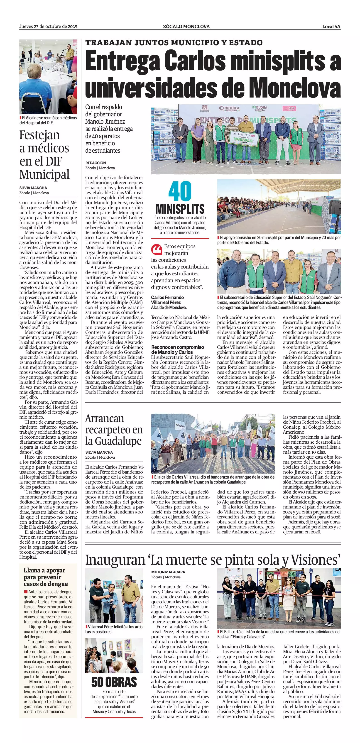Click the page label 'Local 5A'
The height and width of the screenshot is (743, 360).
[x=331, y=27]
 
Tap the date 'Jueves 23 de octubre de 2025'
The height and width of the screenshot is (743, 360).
[x=48, y=27]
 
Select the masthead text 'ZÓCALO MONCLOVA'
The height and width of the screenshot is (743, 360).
[x=186, y=27]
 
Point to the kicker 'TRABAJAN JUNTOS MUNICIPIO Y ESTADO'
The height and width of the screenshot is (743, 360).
[x=174, y=43]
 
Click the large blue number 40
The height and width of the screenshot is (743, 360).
[x=180, y=191]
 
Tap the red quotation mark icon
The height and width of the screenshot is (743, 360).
[x=157, y=249]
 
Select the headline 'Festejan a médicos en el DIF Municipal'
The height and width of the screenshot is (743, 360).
[x=44, y=155]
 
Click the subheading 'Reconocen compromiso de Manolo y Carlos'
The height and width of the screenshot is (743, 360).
[x=177, y=349]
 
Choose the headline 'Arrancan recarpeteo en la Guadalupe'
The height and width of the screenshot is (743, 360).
[x=114, y=430]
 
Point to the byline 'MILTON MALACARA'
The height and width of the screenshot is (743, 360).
[x=168, y=572]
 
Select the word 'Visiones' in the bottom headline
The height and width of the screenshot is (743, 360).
[x=316, y=560]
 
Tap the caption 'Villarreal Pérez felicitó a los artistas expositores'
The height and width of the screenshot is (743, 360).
[x=114, y=629]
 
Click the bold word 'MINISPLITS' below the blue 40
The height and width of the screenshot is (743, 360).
[x=180, y=209]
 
